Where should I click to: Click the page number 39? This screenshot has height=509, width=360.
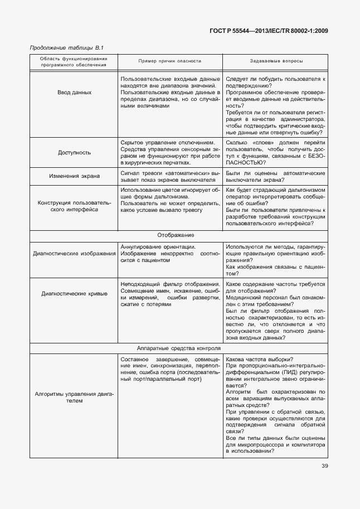(x=324, y=467)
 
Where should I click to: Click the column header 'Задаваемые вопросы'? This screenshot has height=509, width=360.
(x=277, y=61)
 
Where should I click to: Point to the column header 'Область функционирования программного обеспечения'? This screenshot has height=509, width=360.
(x=74, y=61)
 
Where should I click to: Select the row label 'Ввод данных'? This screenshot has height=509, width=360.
(x=75, y=92)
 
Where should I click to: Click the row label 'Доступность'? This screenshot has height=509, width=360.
(x=75, y=152)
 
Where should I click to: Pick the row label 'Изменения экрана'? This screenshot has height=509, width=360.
(x=75, y=176)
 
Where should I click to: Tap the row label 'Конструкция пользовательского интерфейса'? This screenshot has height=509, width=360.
(x=75, y=206)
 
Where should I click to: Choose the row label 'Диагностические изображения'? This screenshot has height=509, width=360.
(x=75, y=254)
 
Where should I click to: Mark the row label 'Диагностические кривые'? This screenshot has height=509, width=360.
(x=75, y=293)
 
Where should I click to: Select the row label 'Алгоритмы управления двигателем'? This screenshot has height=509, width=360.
(x=75, y=397)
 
